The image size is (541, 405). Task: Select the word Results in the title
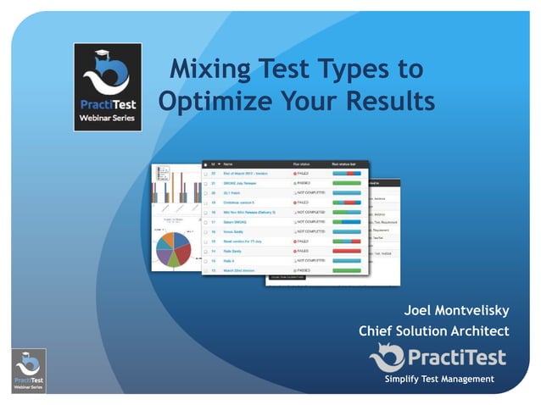389,102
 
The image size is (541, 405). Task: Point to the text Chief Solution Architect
433,331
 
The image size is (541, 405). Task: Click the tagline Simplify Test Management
438,379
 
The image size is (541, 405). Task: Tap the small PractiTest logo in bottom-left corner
29,370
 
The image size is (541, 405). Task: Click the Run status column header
303,164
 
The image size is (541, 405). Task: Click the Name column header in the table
228,164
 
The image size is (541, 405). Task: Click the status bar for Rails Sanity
346,252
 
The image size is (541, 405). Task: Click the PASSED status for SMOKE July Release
303,183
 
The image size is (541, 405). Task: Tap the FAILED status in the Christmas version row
302,203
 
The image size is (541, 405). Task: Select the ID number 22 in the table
213,174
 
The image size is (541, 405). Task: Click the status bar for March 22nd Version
346,270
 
